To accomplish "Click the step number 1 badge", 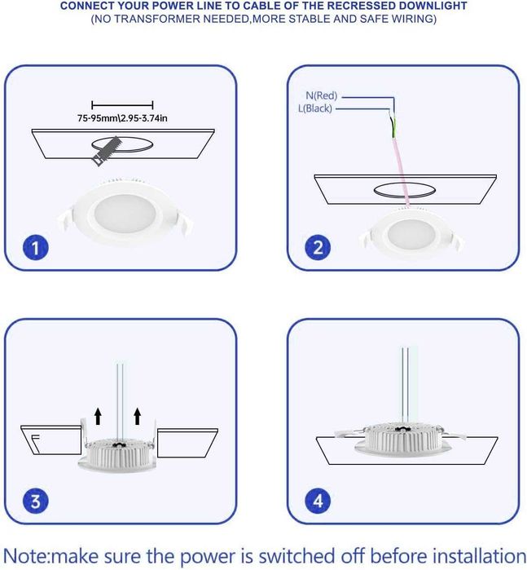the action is tap(35, 248).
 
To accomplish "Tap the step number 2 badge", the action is tap(318, 248).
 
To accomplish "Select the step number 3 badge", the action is tap(35, 502).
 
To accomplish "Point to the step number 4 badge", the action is tap(318, 502).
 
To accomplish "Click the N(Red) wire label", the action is tap(322, 95).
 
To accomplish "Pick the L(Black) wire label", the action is tap(315, 108).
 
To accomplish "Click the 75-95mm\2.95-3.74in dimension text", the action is tap(122, 118).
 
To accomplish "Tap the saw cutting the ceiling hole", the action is tap(106, 151).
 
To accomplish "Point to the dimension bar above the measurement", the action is tap(122, 105).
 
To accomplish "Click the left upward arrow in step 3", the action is tap(98, 416).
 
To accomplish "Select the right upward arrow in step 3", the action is tap(137, 416).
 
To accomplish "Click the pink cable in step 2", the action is tap(402, 171).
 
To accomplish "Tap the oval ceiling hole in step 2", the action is tap(405, 190).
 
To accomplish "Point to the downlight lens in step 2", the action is tap(410, 234).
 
